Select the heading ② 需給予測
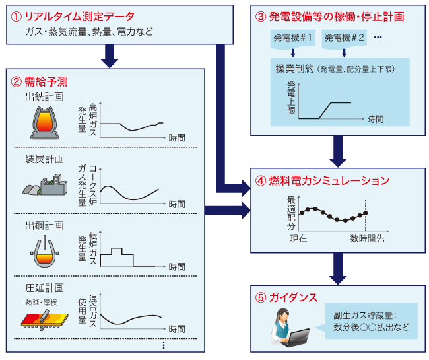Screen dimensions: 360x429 click(40, 83)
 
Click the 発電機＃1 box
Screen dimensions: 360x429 click(293, 38)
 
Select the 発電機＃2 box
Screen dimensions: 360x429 click(345, 38)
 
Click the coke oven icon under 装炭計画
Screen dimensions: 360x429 click(46, 182)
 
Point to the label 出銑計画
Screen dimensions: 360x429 click(44, 98)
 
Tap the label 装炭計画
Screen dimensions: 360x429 click(44, 159)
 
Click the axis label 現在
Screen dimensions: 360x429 click(299, 238)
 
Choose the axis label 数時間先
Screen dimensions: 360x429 click(367, 238)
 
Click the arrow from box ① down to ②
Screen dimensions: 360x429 click(110, 56)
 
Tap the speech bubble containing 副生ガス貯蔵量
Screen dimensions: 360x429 click(371, 321)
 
